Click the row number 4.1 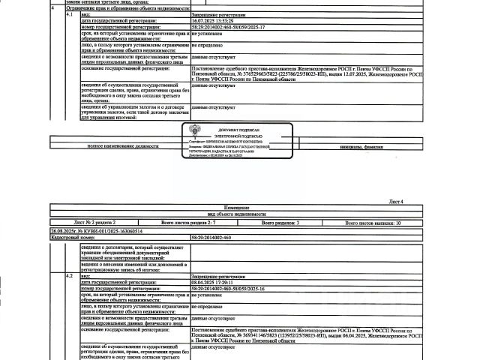tap(70, 14)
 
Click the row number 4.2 tap(70, 276)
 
